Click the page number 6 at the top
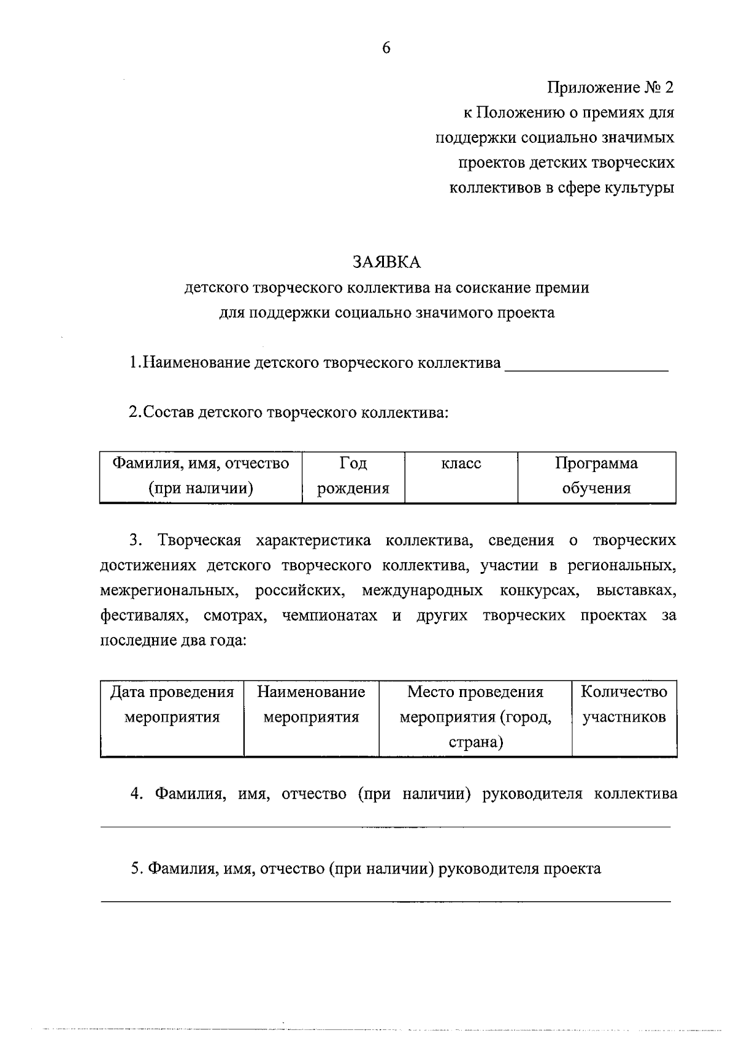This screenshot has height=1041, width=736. (x=386, y=48)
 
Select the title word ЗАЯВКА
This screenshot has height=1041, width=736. (x=386, y=262)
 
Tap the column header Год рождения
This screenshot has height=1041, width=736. (x=353, y=476)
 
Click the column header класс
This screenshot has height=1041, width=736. (x=461, y=463)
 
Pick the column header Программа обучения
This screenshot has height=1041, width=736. (x=596, y=476)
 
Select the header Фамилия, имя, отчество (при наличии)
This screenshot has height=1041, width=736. (x=201, y=476)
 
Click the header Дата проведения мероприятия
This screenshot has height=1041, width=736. (x=172, y=704)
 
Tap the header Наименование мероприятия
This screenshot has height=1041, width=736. (x=311, y=704)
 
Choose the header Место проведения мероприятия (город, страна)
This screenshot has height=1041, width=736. (x=475, y=717)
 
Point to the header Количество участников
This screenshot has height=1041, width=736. (x=624, y=704)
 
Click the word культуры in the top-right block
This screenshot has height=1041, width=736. (x=637, y=188)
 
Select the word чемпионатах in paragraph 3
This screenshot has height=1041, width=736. (x=329, y=616)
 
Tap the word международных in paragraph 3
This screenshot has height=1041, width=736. (x=422, y=591)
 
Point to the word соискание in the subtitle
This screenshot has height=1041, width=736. (x=478, y=288)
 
